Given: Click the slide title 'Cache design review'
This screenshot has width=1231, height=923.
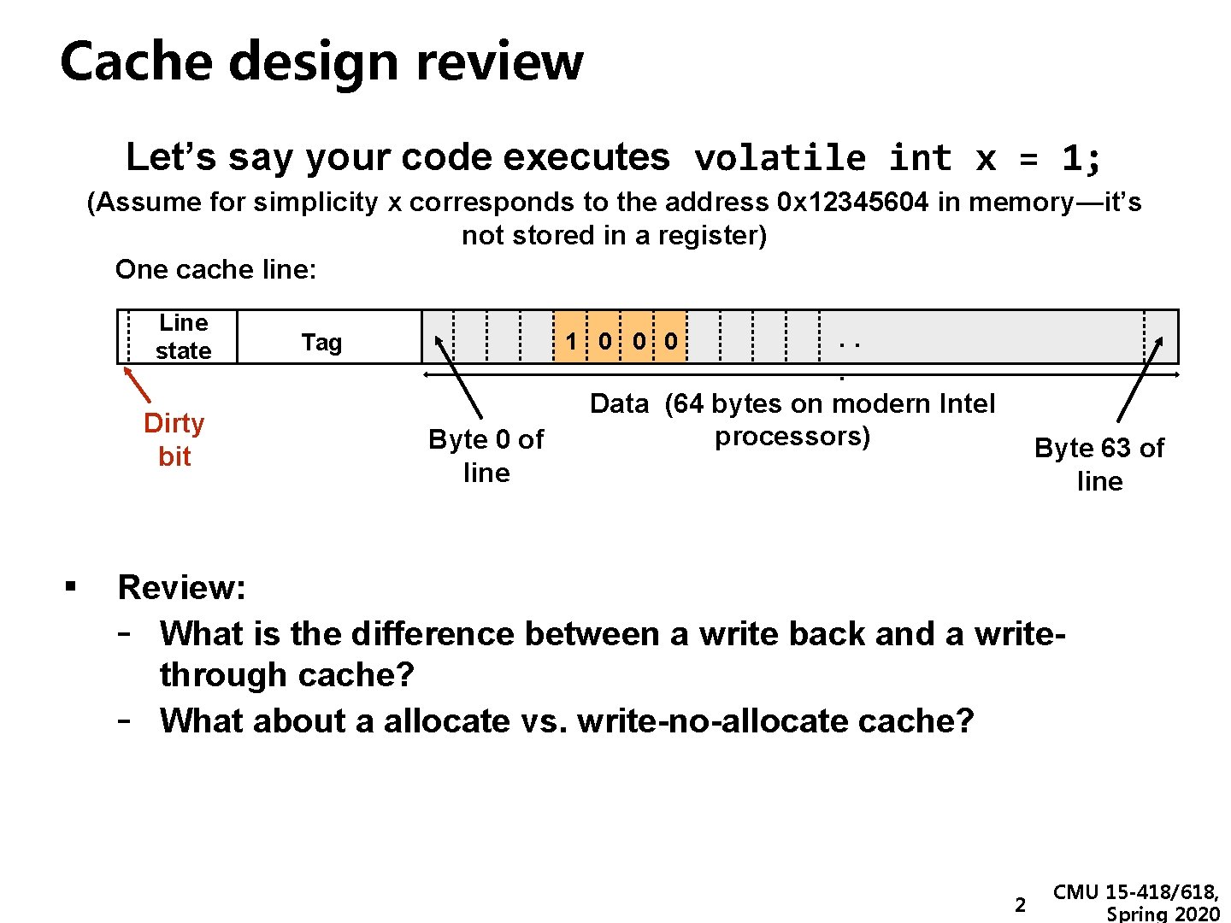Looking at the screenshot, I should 321,62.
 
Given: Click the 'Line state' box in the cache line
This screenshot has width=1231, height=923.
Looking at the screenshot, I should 183,337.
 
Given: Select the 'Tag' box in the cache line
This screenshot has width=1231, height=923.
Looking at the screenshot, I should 321,343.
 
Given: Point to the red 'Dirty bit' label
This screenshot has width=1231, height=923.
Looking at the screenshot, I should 174,439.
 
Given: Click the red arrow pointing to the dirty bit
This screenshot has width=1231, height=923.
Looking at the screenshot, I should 137,385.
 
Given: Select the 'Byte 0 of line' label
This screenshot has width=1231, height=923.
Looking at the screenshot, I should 486,456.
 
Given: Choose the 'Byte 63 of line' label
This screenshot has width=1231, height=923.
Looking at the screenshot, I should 1099,464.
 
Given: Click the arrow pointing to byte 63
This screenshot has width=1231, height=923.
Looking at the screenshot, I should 1140,379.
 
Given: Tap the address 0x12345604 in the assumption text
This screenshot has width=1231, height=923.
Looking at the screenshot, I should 852,203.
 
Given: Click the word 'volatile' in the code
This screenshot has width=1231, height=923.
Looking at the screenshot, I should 780,159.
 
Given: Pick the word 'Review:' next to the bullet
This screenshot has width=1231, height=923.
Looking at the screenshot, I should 181,588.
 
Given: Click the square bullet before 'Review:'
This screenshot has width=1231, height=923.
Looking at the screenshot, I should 70,586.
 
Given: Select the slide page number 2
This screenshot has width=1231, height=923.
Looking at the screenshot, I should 1019,905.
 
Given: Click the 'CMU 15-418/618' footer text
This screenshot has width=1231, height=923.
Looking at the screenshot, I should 1135,893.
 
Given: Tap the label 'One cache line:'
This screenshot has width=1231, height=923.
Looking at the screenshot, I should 215,270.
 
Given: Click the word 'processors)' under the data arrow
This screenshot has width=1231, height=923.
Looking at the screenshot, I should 792,437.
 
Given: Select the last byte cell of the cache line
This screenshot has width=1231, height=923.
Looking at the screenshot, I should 1161,337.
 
